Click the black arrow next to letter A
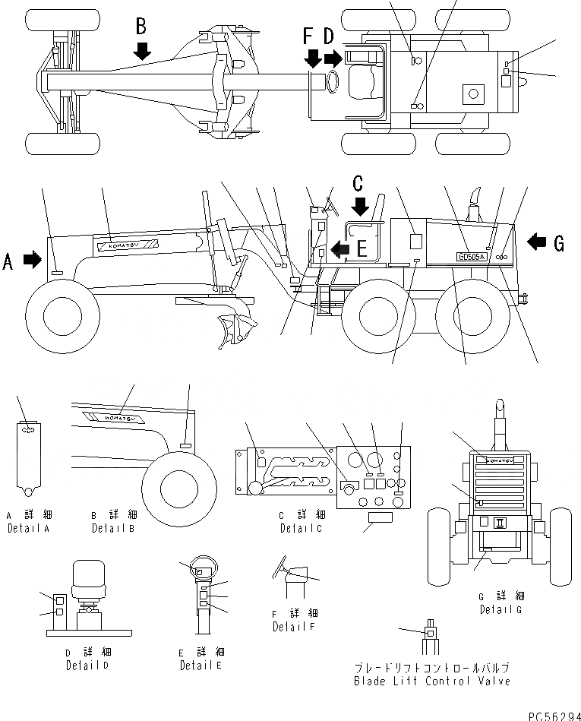pyautogui.click(x=33, y=260)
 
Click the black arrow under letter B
pyautogui.click(x=141, y=51)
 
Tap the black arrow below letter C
pyautogui.click(x=360, y=206)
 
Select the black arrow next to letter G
pyautogui.click(x=536, y=242)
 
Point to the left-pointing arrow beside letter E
pyautogui.click(x=342, y=248)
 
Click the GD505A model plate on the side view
pyautogui.click(x=472, y=256)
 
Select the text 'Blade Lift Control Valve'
pyautogui.click(x=431, y=681)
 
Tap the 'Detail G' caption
pyautogui.click(x=500, y=609)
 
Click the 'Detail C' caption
pyautogui.click(x=301, y=528)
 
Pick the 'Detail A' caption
pyautogui.click(x=29, y=528)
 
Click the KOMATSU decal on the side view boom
pyautogui.click(x=126, y=245)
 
